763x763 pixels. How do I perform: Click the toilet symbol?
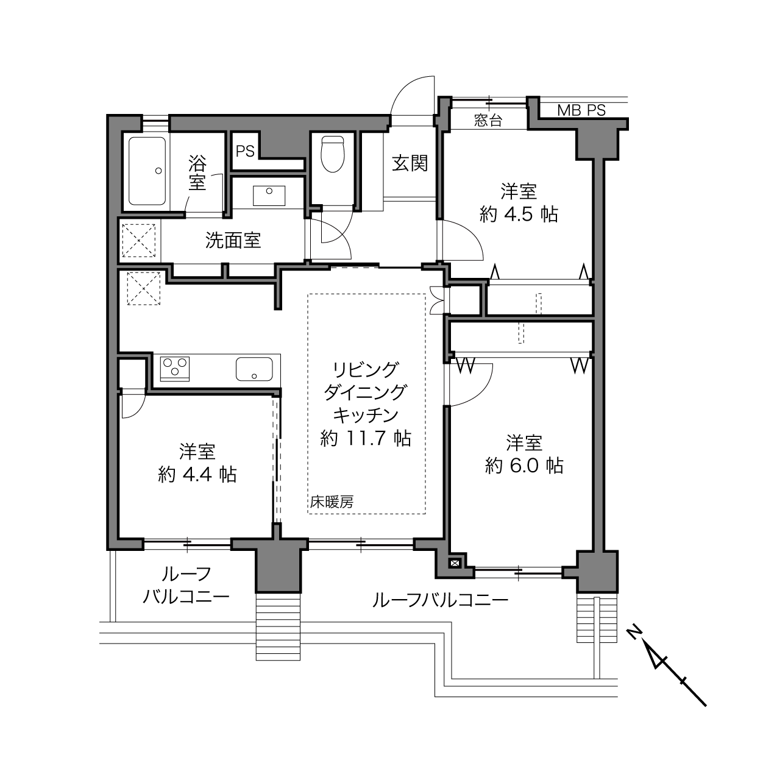tap(332, 154)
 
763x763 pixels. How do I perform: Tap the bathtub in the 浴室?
tap(147, 171)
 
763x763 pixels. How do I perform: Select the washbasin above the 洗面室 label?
tap(269, 195)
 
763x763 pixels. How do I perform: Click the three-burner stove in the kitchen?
tap(175, 368)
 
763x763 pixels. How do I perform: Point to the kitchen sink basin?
tap(254, 369)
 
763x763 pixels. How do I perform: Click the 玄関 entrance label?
tap(410, 163)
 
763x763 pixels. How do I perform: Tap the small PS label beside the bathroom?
tap(245, 151)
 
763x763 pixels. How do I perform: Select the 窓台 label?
tap(488, 121)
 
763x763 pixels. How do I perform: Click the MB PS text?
tap(581, 110)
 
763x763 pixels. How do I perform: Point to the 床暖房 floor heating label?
tap(332, 502)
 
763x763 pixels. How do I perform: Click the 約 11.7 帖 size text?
tap(366, 438)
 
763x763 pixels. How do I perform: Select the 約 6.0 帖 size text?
tap(524, 466)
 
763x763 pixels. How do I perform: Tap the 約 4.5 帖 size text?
tap(519, 215)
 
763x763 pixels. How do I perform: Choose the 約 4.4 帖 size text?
tap(197, 474)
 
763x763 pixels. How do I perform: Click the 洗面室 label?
tap(233, 240)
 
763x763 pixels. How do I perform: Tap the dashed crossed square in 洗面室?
tap(138, 240)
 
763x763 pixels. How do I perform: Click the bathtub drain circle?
tap(158, 171)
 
